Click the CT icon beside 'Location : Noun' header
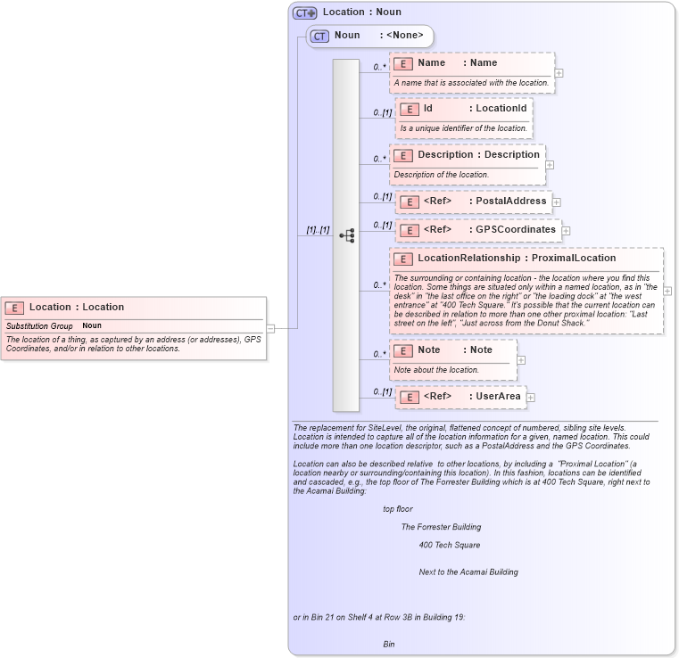coord(305,12)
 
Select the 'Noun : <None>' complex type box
coord(370,36)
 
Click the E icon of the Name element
coord(402,63)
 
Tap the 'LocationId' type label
coord(501,108)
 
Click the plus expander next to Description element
coord(550,164)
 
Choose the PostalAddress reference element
coord(473,202)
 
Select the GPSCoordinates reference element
coord(477,230)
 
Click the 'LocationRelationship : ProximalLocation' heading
coord(517,259)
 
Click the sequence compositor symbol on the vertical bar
coord(347,235)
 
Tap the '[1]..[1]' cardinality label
coord(318,230)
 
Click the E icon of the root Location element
coord(14,308)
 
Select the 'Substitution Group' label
coord(39,326)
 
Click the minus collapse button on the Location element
coord(270,328)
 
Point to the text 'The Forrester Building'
coord(441,527)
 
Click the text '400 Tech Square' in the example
coord(450,545)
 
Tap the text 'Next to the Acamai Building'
coord(468,572)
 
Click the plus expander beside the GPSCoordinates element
coord(566,231)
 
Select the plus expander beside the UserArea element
coord(530,398)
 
